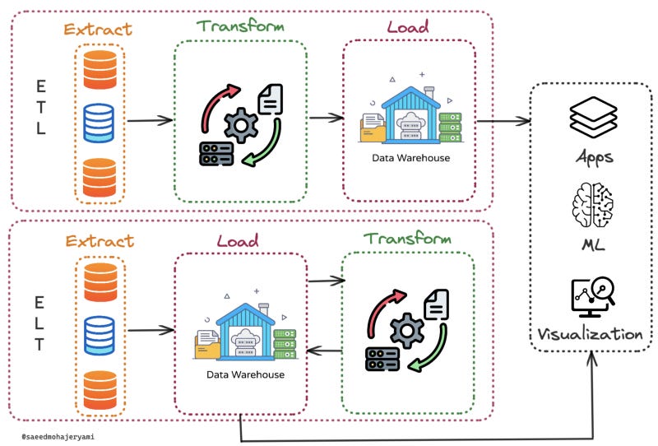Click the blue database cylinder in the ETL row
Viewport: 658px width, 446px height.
(99, 123)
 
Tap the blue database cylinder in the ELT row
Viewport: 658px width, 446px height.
(100, 336)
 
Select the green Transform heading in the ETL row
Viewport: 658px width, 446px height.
(240, 26)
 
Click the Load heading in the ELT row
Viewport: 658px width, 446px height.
(238, 240)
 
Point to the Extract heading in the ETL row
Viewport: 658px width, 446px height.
(98, 30)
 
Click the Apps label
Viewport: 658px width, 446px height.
(594, 158)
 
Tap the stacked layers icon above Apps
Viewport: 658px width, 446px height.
(593, 117)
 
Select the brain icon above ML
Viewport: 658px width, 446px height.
(592, 206)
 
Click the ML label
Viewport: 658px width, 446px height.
(593, 244)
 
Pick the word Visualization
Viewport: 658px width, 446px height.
(590, 334)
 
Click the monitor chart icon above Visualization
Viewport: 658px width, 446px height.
(593, 297)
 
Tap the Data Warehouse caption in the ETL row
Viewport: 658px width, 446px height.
(410, 158)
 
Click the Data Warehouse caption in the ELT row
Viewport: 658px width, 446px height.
(245, 374)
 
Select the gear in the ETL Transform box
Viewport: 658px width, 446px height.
(241, 125)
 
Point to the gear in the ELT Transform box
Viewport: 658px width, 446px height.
(407, 331)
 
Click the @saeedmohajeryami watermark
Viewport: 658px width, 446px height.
(58, 437)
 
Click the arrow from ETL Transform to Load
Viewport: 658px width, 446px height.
(327, 118)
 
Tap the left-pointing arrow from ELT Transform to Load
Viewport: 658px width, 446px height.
(324, 351)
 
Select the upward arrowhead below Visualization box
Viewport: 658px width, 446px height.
(591, 359)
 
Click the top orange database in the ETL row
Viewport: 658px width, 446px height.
(100, 70)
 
